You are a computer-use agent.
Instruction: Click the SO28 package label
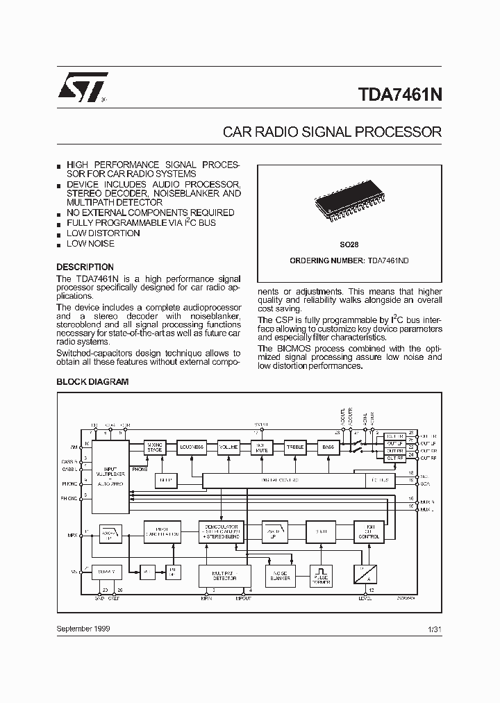click(349, 245)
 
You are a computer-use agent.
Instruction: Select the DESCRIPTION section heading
click(85, 267)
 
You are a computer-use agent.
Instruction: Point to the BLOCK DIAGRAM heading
click(92, 381)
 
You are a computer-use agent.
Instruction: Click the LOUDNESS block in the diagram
click(190, 447)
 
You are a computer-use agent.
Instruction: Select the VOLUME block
click(228, 447)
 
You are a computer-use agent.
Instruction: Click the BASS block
click(328, 447)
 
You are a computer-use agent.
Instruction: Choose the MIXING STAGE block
click(154, 448)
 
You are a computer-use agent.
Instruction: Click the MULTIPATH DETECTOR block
click(224, 575)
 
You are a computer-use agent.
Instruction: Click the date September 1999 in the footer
click(83, 628)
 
